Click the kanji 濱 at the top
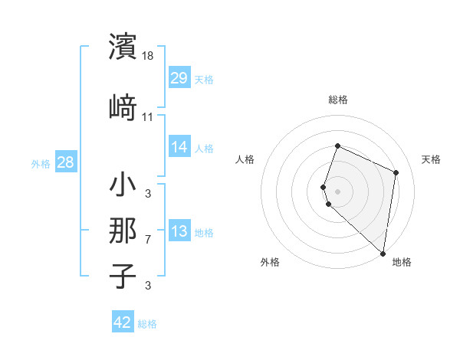click(123, 47)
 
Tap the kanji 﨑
click(123, 108)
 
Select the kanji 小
click(123, 185)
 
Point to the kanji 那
click(123, 231)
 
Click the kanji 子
click(123, 276)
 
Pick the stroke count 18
click(149, 56)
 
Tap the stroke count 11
click(148, 117)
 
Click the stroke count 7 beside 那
click(148, 240)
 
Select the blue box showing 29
click(179, 78)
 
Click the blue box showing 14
click(179, 147)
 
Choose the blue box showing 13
click(179, 231)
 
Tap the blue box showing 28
click(65, 162)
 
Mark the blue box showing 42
click(123, 322)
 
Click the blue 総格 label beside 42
click(147, 324)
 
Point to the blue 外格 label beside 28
click(41, 163)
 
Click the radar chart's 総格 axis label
click(337, 100)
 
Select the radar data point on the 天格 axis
click(396, 172)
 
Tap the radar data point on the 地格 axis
click(383, 254)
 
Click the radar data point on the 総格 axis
click(337, 146)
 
